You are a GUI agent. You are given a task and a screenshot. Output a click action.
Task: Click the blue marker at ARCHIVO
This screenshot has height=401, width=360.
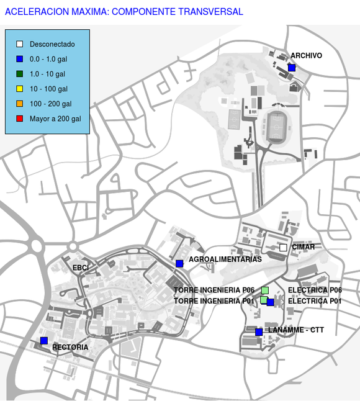coord(292,68)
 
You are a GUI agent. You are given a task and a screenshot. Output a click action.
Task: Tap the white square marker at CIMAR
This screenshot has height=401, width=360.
coord(283,248)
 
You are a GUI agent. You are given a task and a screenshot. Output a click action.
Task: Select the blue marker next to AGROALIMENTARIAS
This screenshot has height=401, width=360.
coord(179,264)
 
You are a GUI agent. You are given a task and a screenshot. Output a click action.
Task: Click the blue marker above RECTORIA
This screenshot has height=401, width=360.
coord(44,341)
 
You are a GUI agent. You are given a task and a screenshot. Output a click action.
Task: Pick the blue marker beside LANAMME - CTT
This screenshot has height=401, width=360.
coord(259,332)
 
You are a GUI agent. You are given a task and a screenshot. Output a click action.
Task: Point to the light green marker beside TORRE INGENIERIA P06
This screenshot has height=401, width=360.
coord(265,291)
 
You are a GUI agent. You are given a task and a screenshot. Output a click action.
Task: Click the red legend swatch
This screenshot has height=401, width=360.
coord(20,119)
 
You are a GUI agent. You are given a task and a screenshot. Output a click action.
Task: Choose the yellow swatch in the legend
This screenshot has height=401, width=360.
coord(20,89)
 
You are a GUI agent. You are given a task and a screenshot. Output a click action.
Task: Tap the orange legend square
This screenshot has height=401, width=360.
coord(20,104)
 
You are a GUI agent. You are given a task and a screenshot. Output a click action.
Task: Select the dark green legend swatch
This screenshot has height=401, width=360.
coord(20,74)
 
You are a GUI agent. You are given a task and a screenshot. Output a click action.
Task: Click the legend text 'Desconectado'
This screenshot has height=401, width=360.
coord(52,44)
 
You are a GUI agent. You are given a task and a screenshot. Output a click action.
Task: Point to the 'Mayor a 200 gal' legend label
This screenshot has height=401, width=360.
coord(55,119)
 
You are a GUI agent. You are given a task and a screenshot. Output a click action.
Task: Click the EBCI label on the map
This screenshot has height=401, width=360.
coord(81,268)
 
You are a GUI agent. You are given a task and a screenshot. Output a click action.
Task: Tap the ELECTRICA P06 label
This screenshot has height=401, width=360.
coord(315,290)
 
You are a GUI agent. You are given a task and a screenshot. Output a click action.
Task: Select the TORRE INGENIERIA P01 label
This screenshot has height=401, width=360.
coord(214,301)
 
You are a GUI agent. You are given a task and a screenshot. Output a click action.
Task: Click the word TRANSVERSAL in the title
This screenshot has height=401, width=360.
coord(210,12)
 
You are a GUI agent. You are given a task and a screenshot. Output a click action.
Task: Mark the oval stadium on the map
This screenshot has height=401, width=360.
coord(276,127)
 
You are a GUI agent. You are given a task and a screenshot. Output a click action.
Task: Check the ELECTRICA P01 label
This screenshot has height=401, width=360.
coord(315,301)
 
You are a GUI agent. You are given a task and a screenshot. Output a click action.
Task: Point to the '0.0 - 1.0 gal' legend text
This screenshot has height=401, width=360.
coord(48,59)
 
